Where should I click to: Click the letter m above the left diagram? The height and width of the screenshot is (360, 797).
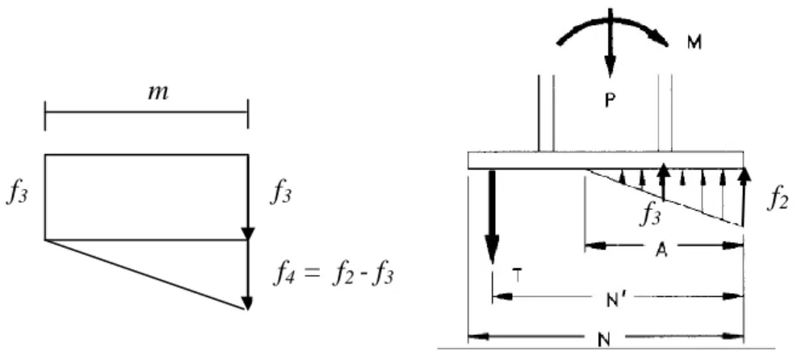coord(157,94)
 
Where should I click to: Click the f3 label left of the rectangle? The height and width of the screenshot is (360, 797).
coord(16,194)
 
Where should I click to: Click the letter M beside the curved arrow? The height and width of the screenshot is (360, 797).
coord(694,43)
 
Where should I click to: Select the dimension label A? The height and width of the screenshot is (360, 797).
coord(661,251)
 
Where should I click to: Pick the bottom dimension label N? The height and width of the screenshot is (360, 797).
coord(604,340)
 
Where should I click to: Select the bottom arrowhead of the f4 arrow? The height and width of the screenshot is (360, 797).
coord(247,303)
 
